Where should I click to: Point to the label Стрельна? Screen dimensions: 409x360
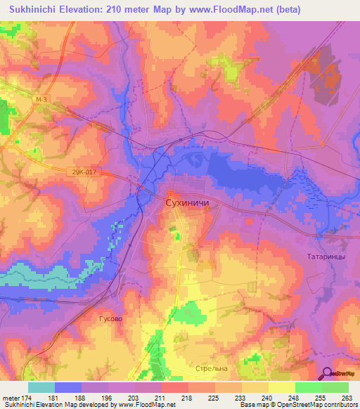pos(212,368)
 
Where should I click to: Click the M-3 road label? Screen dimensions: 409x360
pos(41,101)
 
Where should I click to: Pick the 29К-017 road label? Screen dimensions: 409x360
pos(82,171)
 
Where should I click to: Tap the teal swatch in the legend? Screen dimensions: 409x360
pos(41,387)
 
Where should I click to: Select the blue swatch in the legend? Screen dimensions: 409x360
pos(68,387)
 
